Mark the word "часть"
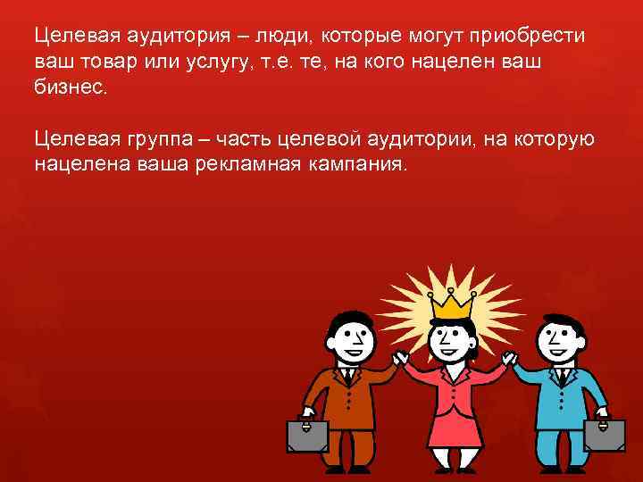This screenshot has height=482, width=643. click(x=252, y=140)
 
